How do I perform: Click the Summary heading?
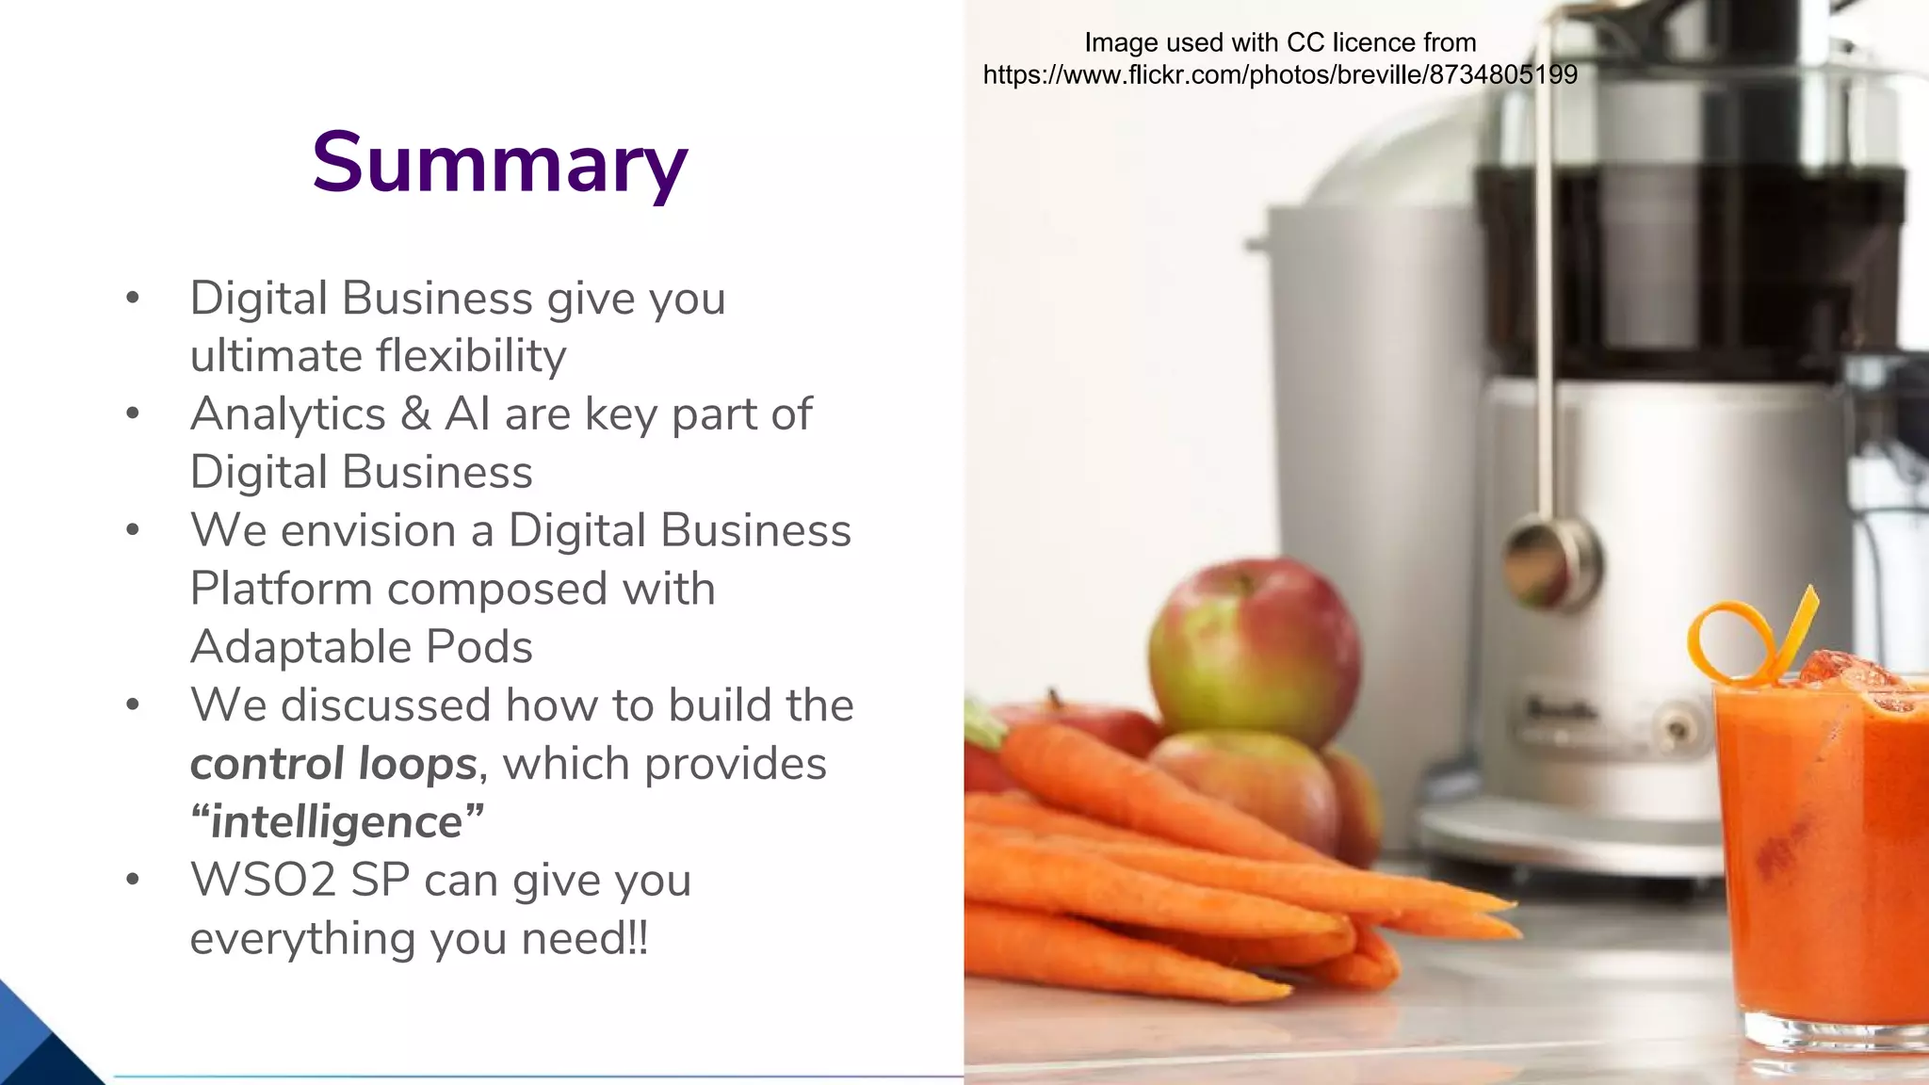499,163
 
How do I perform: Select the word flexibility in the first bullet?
471,356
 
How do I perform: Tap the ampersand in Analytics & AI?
415,414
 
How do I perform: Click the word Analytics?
287,414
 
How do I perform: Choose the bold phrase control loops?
333,764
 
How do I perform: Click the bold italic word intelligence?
336,822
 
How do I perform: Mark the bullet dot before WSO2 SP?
133,880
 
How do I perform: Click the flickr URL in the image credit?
1279,75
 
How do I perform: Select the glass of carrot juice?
1818,848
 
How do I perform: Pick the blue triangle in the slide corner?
38,1041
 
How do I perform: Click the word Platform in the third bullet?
281,590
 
